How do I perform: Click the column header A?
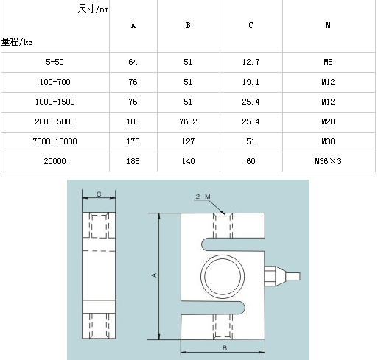(133, 25)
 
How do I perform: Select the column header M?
(328, 25)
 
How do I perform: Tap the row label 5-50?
(55, 62)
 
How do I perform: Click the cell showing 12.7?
(251, 62)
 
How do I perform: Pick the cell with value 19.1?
(251, 82)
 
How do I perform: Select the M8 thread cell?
(328, 62)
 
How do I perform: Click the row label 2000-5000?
(55, 121)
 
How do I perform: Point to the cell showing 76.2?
(188, 121)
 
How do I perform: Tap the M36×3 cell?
(328, 161)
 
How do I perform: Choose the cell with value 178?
(133, 141)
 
